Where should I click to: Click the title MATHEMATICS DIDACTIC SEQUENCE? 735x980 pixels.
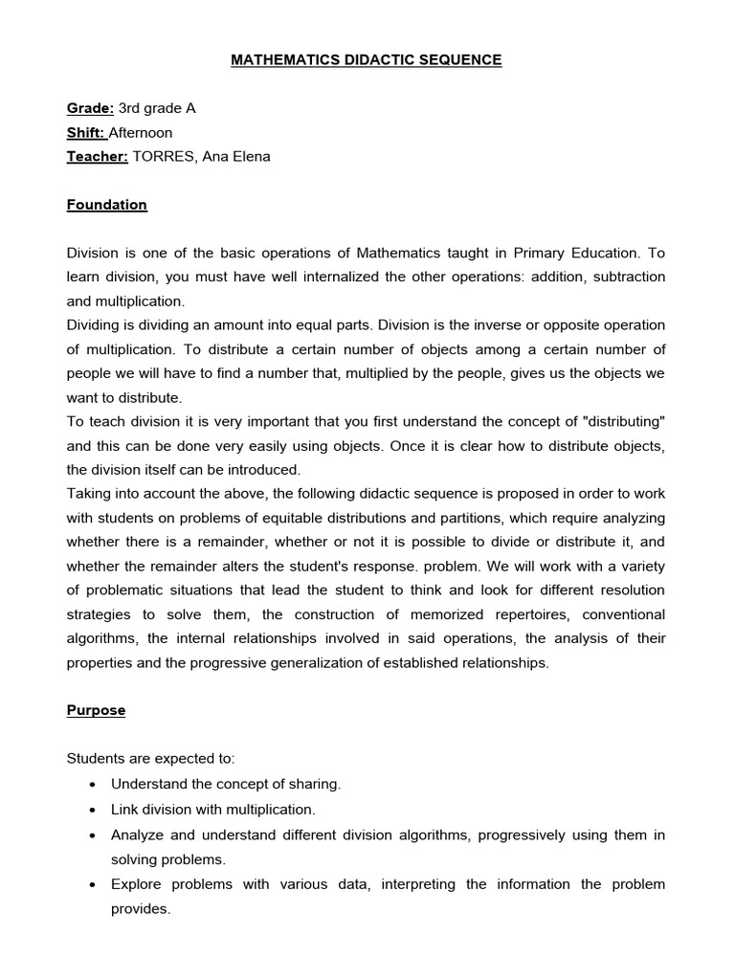tap(367, 60)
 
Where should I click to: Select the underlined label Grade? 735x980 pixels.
tap(90, 108)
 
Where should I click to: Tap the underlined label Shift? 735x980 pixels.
tap(86, 132)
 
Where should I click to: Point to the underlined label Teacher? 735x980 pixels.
tap(97, 156)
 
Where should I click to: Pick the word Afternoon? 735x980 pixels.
tap(141, 132)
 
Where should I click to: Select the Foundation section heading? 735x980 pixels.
tap(106, 205)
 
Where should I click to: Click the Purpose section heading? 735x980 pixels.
tap(96, 710)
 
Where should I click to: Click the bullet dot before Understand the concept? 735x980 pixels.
tap(90, 784)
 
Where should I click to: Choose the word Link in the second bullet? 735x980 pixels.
tap(124, 809)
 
